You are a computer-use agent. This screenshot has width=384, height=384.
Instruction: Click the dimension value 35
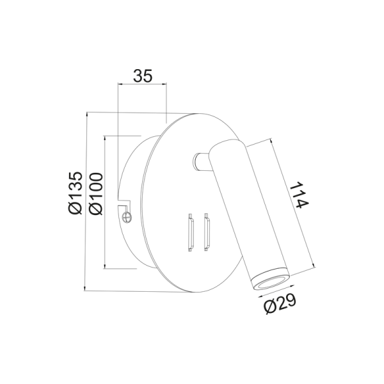pos(142,76)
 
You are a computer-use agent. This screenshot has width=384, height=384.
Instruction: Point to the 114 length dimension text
pos(299,195)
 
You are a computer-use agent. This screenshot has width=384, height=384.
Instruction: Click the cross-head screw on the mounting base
pos(127,217)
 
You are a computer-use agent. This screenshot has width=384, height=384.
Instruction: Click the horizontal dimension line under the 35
pos(142,84)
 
